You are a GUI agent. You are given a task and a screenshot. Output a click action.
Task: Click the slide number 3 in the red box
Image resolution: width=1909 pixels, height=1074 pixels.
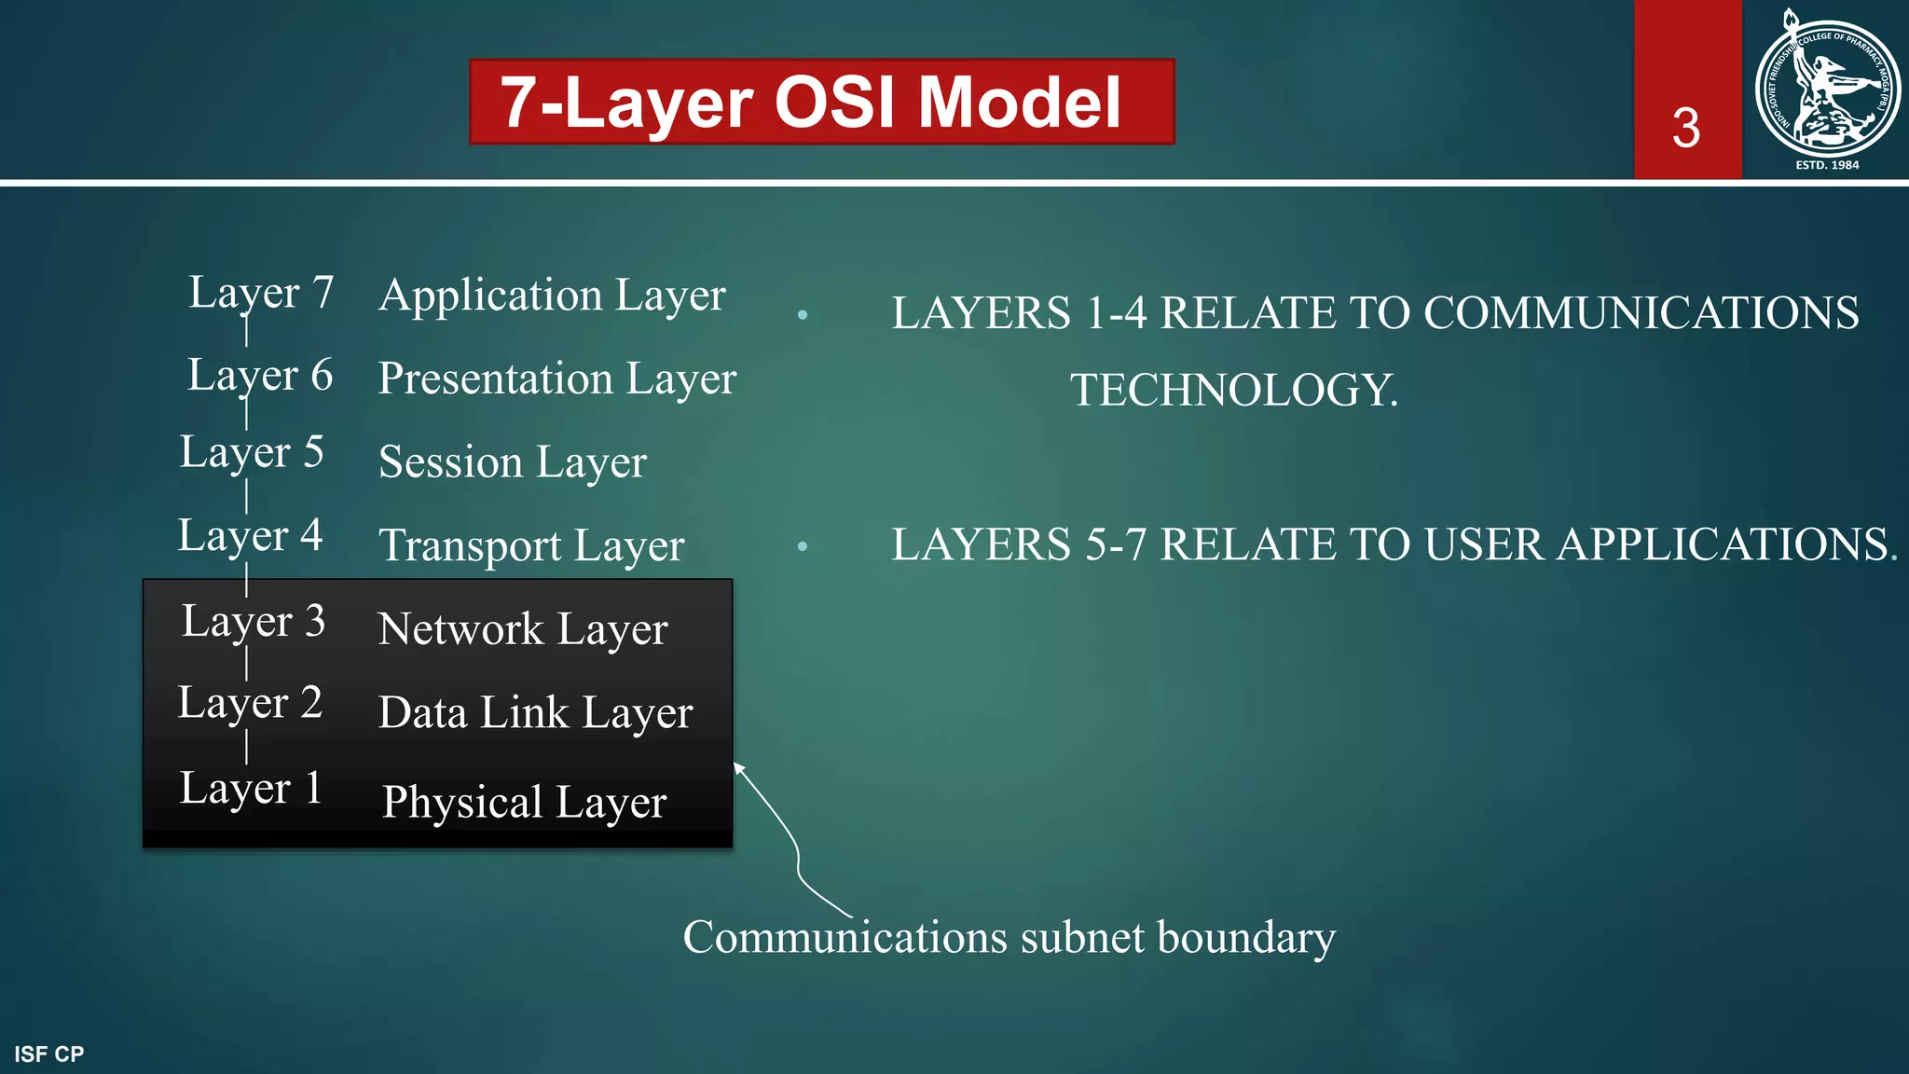coord(1685,128)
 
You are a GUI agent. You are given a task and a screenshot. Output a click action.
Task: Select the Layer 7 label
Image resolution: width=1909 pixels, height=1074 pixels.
coord(261,293)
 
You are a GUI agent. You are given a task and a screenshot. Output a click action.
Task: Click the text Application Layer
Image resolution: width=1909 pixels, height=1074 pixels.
coord(552,296)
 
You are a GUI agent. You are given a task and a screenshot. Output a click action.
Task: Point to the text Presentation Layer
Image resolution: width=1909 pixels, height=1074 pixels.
coord(556,379)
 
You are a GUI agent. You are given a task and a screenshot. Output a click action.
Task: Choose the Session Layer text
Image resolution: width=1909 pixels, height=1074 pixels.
coord(512,462)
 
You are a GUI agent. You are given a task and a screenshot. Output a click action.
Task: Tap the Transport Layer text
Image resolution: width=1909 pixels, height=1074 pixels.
coord(531,546)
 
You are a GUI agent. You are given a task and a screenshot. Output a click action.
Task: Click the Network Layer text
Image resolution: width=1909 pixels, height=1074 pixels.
coord(522,629)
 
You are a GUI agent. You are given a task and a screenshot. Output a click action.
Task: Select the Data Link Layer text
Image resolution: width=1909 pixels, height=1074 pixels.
coord(535,713)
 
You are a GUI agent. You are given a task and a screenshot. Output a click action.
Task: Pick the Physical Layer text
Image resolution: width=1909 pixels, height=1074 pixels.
coord(524,803)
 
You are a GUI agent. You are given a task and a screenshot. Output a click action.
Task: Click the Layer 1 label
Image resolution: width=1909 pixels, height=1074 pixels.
coord(251,789)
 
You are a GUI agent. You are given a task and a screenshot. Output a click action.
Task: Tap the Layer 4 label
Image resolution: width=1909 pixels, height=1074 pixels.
coord(250,536)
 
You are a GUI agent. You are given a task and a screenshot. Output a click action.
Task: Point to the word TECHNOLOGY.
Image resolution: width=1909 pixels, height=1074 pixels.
coord(1233,390)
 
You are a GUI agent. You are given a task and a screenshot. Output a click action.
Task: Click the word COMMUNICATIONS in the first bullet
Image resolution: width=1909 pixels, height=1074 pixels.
coord(1641,313)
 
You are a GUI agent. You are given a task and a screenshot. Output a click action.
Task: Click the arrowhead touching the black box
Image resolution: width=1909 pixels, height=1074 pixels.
coord(738,768)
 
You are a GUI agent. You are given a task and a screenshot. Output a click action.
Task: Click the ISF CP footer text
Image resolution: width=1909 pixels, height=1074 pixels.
coord(48,1054)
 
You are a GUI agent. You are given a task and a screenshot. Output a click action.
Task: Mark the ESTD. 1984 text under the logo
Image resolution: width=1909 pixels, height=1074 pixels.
coord(1827,165)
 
